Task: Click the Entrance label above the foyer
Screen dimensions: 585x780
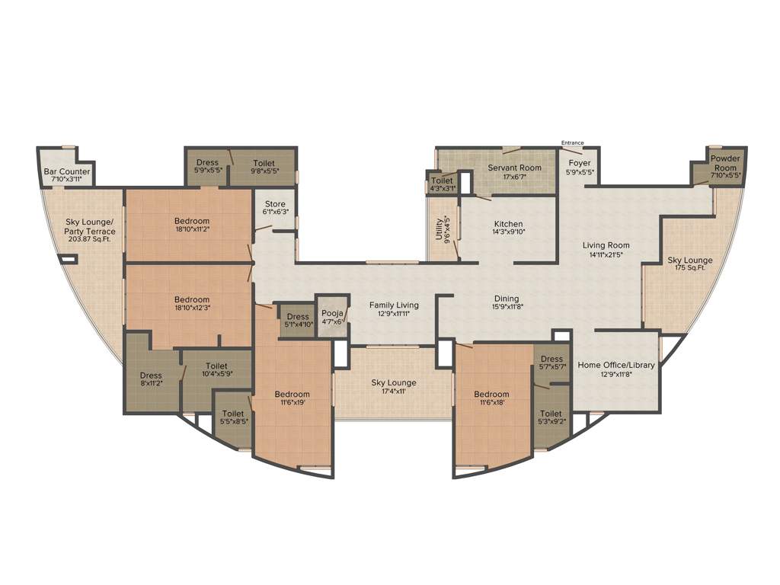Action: point(572,142)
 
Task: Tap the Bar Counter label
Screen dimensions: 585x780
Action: point(67,172)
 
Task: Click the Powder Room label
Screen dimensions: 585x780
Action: point(724,163)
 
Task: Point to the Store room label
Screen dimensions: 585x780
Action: point(275,203)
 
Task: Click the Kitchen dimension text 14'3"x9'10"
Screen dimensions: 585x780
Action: point(508,232)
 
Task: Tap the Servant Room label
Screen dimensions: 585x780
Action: point(515,168)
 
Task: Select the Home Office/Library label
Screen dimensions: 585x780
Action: point(616,365)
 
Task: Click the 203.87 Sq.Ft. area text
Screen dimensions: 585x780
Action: point(91,239)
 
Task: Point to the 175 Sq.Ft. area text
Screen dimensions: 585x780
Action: point(690,267)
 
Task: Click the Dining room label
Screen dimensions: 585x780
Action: point(507,299)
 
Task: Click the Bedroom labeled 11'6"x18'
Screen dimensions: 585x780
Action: point(491,398)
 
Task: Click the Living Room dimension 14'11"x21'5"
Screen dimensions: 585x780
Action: point(606,254)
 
